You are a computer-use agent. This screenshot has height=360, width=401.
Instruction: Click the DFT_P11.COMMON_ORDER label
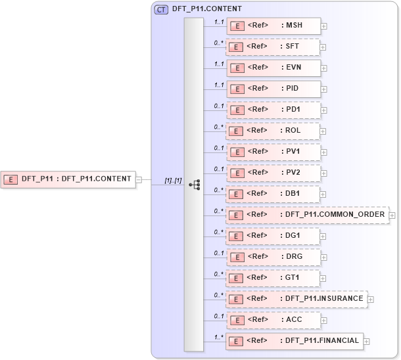[x=335, y=215]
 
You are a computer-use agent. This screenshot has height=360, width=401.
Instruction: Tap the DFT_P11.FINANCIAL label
[x=321, y=341]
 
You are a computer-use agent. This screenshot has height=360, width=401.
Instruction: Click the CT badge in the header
[x=160, y=9]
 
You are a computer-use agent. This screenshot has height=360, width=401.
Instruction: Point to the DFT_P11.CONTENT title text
[x=207, y=9]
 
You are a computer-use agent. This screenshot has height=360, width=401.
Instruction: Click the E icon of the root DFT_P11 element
[x=11, y=179]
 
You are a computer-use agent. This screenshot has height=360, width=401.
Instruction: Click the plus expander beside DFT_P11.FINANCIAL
[x=367, y=341]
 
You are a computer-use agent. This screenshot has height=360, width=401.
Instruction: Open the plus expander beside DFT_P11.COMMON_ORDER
[x=392, y=215]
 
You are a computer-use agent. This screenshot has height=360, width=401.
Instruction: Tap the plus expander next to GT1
[x=324, y=278]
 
